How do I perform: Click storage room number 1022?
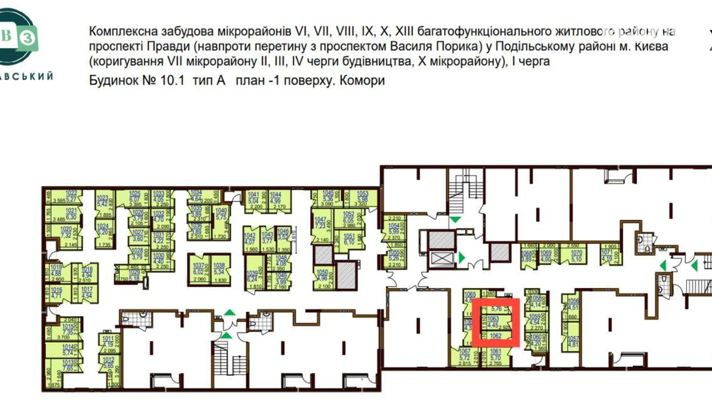(x=71, y=196)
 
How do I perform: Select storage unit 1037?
(x=199, y=269)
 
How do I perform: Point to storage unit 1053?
(x=362, y=197)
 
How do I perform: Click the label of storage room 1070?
(x=576, y=256)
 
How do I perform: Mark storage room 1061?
(x=496, y=354)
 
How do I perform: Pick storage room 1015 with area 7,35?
(x=68, y=329)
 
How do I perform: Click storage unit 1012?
(x=109, y=363)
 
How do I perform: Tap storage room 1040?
(x=221, y=214)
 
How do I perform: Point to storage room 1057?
(x=573, y=342)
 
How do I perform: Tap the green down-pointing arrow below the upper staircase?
(x=455, y=220)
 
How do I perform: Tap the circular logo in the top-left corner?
(x=17, y=37)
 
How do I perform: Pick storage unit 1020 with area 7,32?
(x=66, y=232)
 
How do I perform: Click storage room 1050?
(x=322, y=275)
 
